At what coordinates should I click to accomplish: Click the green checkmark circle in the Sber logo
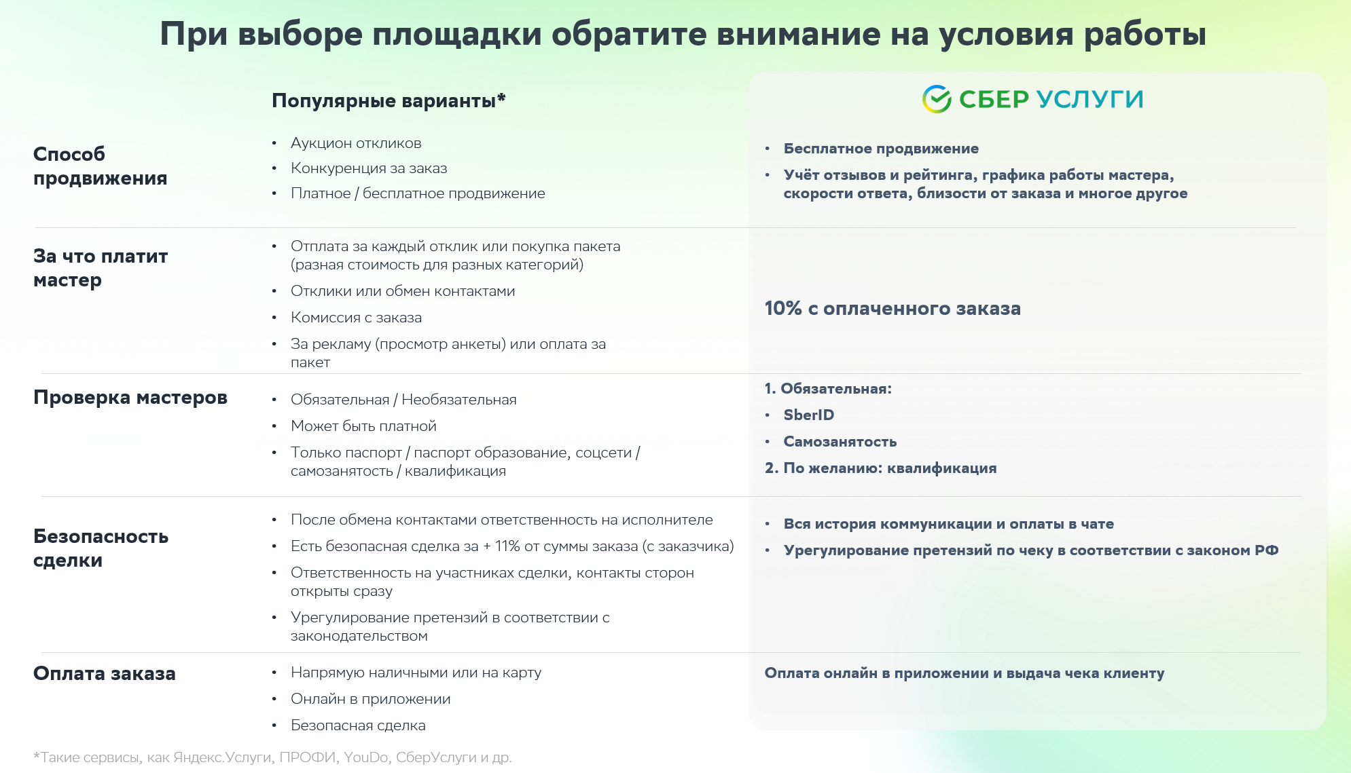pos(937,99)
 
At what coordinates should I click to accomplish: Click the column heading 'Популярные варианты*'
pos(389,100)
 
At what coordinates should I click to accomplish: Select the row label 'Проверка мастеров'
pos(130,397)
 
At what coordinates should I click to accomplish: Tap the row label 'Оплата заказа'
pos(105,673)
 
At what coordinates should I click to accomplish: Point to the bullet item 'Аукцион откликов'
pos(356,143)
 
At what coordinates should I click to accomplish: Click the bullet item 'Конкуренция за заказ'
pos(369,168)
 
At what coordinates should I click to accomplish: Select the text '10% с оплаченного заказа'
pos(893,308)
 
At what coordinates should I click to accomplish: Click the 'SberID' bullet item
pos(808,415)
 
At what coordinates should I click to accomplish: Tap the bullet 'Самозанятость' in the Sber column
pos(840,442)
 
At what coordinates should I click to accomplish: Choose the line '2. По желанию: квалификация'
pos(880,468)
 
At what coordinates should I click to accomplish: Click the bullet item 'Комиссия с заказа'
pos(356,318)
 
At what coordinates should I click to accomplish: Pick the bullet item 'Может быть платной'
pos(363,426)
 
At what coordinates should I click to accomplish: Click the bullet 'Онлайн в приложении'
pos(370,699)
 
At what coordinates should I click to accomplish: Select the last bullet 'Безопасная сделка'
pos(358,725)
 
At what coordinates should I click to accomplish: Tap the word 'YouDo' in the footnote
pos(365,757)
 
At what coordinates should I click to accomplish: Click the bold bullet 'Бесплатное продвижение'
pos(881,149)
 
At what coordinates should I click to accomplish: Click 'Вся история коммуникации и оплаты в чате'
pos(948,524)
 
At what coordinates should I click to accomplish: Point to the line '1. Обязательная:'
pos(828,389)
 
